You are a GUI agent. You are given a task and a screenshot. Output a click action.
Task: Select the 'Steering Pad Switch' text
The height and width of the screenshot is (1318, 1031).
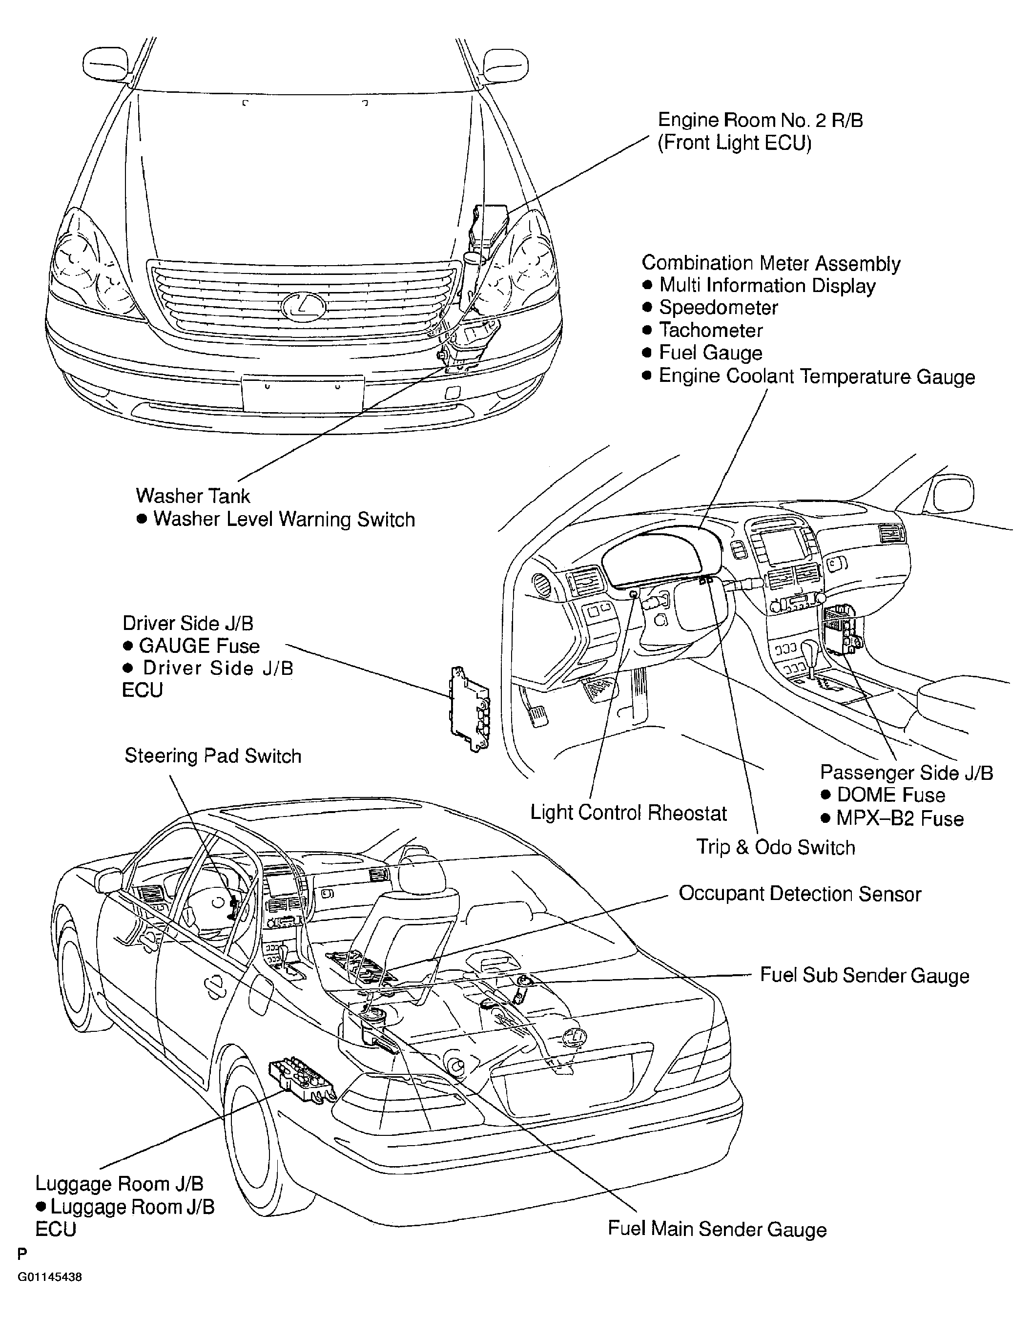[212, 756]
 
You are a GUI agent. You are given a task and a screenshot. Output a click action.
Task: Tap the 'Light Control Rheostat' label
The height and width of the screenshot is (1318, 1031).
[628, 813]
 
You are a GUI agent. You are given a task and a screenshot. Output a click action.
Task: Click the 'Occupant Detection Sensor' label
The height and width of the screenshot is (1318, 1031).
[800, 894]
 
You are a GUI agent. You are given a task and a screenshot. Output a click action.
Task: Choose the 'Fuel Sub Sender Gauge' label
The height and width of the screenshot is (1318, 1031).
[865, 975]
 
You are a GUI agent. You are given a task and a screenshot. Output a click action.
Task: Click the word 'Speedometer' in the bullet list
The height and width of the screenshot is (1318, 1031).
[718, 308]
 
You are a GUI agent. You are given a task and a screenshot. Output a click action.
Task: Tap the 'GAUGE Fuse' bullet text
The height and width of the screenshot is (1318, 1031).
[199, 646]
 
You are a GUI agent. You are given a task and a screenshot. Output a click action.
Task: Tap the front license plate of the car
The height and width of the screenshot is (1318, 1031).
[303, 393]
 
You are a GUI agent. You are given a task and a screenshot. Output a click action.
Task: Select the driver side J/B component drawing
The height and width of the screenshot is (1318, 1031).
[470, 710]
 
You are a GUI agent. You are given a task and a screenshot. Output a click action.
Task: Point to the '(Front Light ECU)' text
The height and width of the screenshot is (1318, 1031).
[734, 143]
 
